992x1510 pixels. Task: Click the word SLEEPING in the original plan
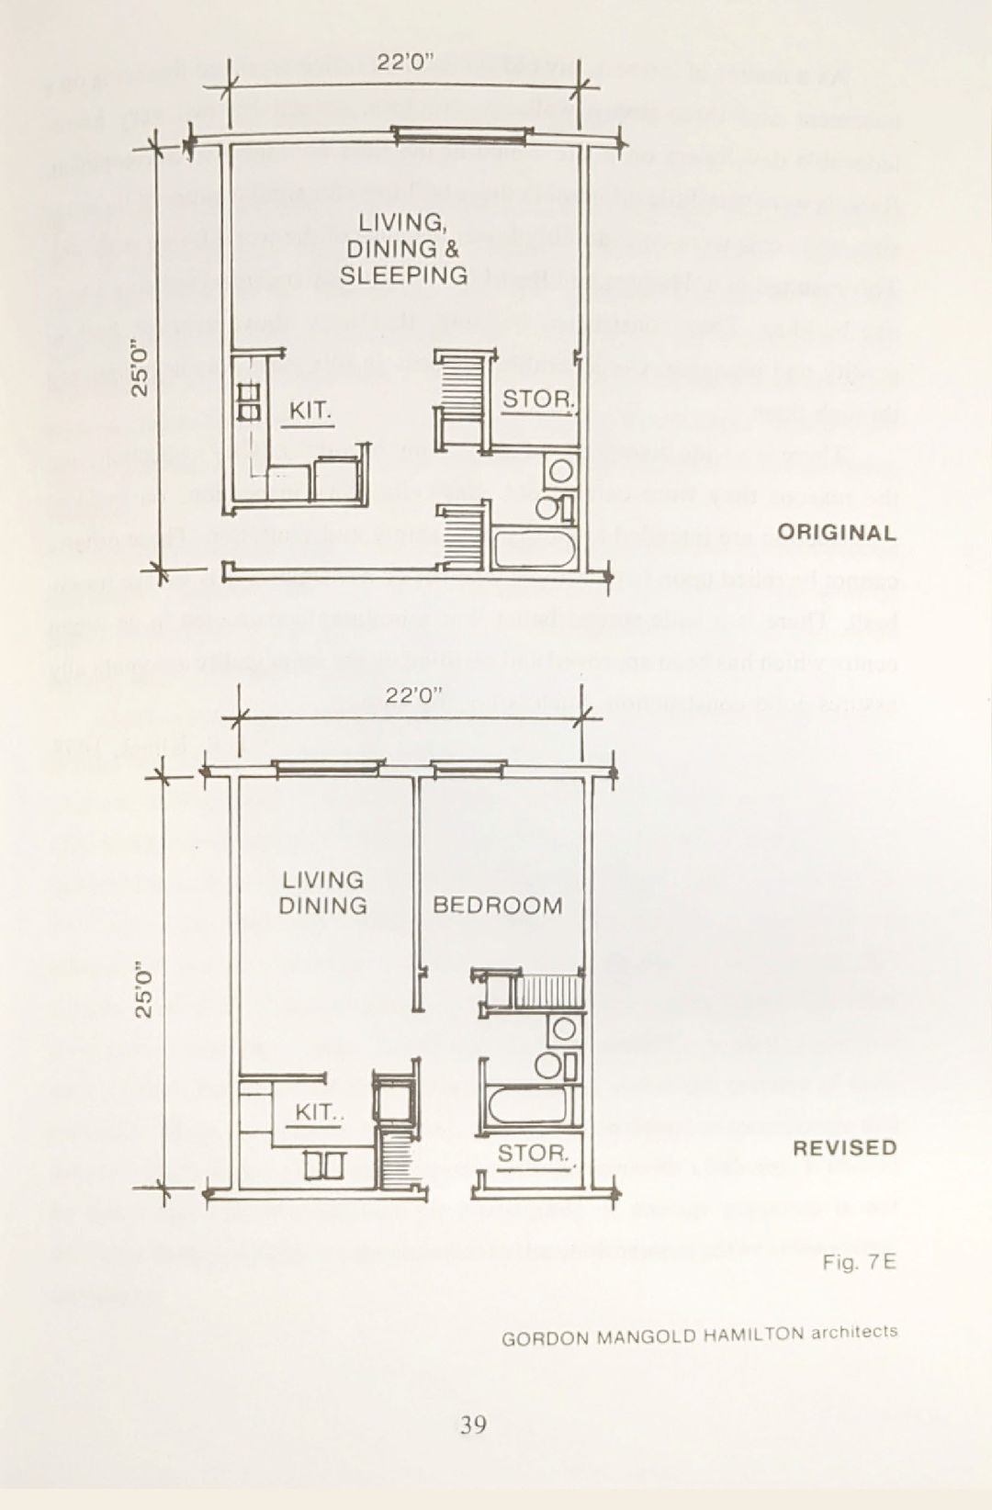(403, 276)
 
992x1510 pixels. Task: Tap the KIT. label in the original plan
(310, 411)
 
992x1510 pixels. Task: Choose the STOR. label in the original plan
(538, 400)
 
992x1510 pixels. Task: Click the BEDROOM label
(497, 906)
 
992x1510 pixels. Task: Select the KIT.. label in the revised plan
(318, 1112)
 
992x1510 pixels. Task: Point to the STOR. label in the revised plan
(534, 1153)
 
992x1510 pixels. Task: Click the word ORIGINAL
(836, 533)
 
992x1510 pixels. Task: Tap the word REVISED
(844, 1148)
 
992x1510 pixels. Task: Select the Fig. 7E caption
(859, 1262)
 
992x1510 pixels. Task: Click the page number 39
(473, 1425)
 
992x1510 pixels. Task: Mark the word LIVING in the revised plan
(322, 880)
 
